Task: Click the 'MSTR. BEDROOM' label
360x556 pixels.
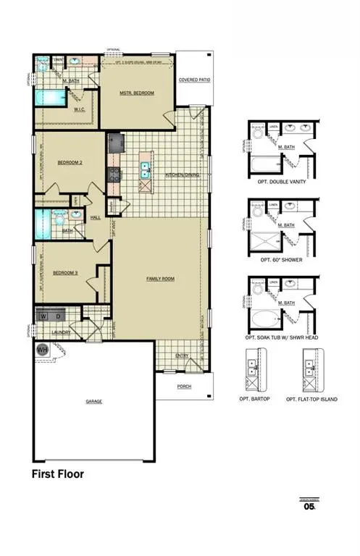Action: [x=137, y=93]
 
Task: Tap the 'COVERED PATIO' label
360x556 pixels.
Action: [x=194, y=80]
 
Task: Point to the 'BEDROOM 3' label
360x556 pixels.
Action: [x=66, y=272]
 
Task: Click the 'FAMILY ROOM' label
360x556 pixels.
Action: [x=161, y=278]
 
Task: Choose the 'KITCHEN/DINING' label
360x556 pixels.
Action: [x=182, y=175]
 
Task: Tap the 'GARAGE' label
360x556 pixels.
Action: [x=94, y=400]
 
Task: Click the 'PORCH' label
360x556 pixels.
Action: [x=184, y=387]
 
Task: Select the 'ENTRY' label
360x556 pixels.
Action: [x=182, y=355]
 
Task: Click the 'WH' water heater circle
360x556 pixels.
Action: [x=41, y=349]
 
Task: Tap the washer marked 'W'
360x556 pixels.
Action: [x=43, y=316]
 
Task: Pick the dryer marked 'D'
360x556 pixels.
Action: [x=59, y=316]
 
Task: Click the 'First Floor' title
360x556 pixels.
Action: [x=57, y=475]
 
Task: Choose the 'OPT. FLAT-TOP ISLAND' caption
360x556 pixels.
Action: [x=311, y=399]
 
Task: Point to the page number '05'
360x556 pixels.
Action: [x=309, y=507]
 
